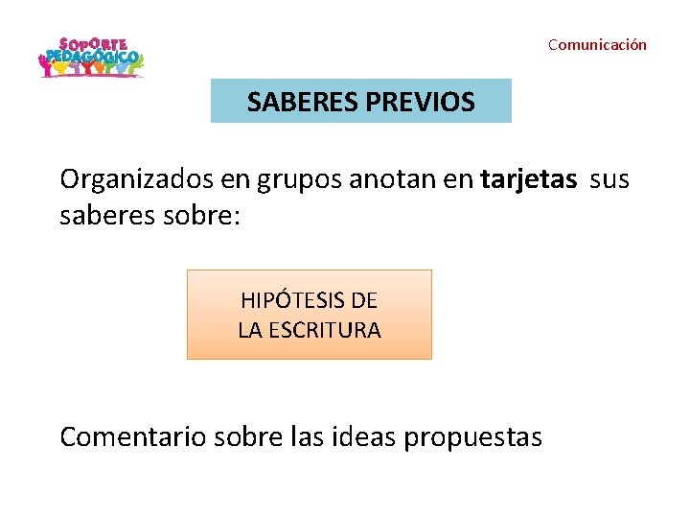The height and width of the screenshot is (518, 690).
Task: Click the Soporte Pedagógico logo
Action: tap(90, 59)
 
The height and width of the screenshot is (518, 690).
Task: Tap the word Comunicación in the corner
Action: tap(597, 45)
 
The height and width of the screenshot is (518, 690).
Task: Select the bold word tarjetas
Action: tap(529, 179)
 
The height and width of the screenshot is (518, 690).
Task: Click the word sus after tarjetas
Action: tap(609, 179)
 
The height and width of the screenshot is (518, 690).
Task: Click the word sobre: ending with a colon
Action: tap(203, 216)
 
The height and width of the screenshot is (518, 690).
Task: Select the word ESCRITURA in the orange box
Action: tap(325, 330)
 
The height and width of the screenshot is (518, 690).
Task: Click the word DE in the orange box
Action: tap(364, 300)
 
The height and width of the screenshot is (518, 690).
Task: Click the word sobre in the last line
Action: tap(245, 437)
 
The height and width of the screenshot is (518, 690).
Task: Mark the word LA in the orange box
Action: tap(251, 330)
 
